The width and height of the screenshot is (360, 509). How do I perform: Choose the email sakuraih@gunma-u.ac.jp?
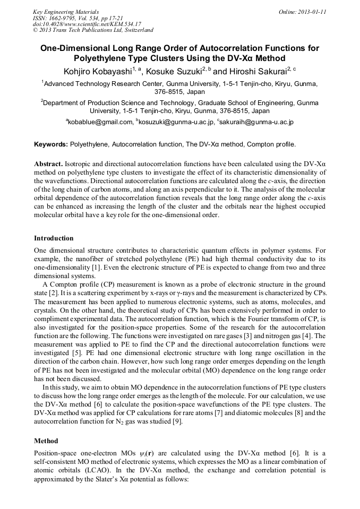point(256,122)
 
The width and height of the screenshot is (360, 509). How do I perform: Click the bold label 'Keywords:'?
point(51,144)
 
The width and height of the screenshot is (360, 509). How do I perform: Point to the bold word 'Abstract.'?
point(49,165)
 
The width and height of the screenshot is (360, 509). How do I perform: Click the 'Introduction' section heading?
point(54,238)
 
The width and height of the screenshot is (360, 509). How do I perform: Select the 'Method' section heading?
point(46,441)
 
